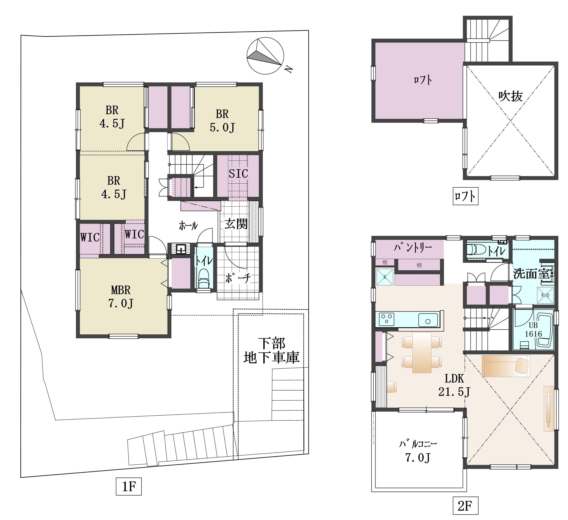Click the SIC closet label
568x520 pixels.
coord(238,174)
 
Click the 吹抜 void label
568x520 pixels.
coord(510,96)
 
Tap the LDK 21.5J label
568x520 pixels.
coord(454,385)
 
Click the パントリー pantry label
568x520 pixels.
coord(413,248)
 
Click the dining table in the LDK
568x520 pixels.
coord(422,353)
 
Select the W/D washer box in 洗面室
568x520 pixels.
coord(545,295)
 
